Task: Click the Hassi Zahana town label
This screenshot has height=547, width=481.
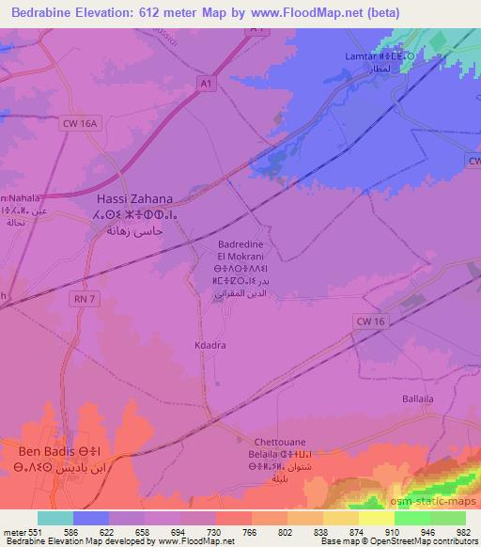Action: (136, 199)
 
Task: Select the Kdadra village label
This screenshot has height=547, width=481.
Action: (210, 344)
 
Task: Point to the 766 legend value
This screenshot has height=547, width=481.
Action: (248, 531)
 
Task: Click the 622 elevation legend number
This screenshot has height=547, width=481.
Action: (107, 531)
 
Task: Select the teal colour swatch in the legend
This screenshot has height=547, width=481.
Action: (54, 518)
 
